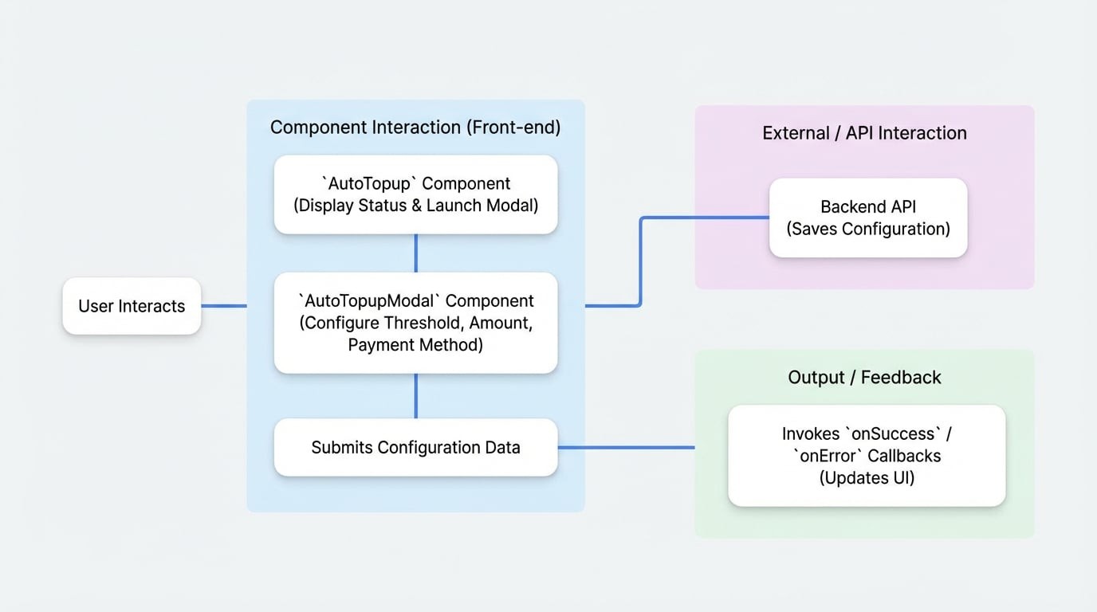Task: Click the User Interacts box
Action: pyautogui.click(x=132, y=306)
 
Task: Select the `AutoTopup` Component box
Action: pyautogui.click(x=415, y=194)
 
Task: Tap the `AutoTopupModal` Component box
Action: pyautogui.click(x=415, y=323)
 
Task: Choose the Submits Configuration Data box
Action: pyautogui.click(x=415, y=447)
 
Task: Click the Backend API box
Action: pyautogui.click(x=868, y=218)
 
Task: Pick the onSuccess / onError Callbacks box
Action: pyautogui.click(x=867, y=456)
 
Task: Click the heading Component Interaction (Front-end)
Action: pyautogui.click(x=415, y=127)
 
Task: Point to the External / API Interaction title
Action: pyautogui.click(x=864, y=133)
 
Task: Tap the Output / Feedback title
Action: pyautogui.click(x=864, y=377)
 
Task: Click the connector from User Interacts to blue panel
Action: pyautogui.click(x=224, y=306)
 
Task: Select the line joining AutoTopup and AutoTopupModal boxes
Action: pyautogui.click(x=415, y=253)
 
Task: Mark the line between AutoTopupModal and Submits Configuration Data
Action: pyautogui.click(x=415, y=396)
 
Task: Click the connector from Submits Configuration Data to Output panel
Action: pyautogui.click(x=626, y=447)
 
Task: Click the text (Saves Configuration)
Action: pyautogui.click(x=868, y=229)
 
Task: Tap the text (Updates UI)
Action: pyautogui.click(x=867, y=478)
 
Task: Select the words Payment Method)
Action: pyautogui.click(x=415, y=345)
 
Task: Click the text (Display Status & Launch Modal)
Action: pyautogui.click(x=415, y=206)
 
